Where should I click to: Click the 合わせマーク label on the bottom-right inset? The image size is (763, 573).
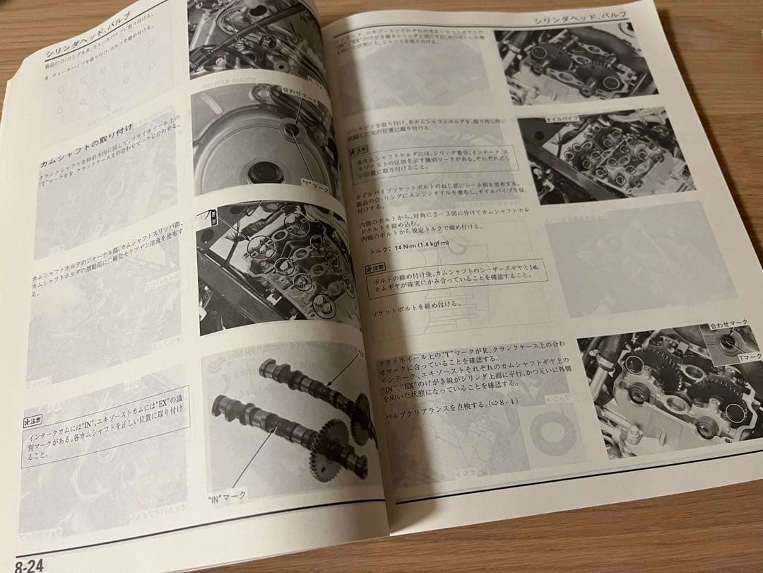point(728,325)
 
